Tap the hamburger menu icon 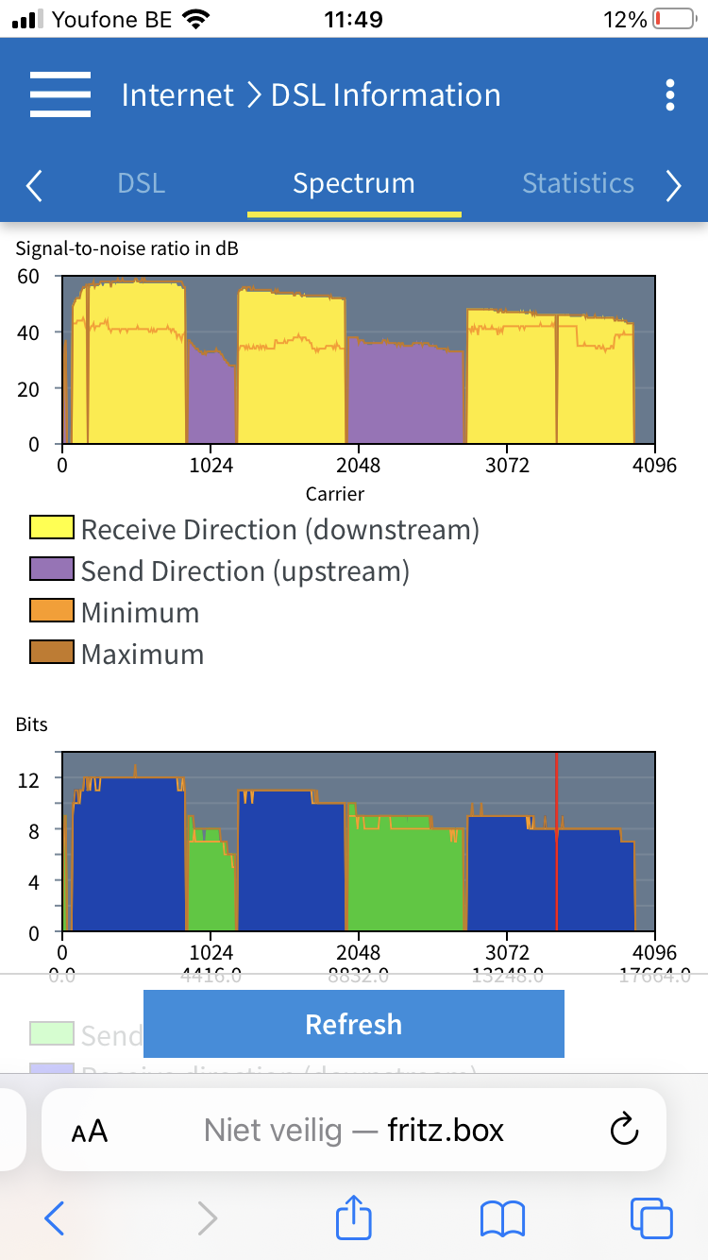[60, 94]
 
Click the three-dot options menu [670, 94]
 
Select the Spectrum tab [354, 183]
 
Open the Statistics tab [578, 183]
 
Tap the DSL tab [142, 183]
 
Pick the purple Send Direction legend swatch [52, 571]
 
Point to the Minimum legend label [140, 613]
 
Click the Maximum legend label [143, 655]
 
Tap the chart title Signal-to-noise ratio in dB [127, 249]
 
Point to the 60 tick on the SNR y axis [28, 277]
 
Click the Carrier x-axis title [335, 493]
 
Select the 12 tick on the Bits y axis [28, 778]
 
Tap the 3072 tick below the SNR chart [507, 466]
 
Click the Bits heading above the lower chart [31, 725]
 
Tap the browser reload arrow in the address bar [625, 1130]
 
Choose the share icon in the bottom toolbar [355, 1218]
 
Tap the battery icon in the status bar [673, 19]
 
